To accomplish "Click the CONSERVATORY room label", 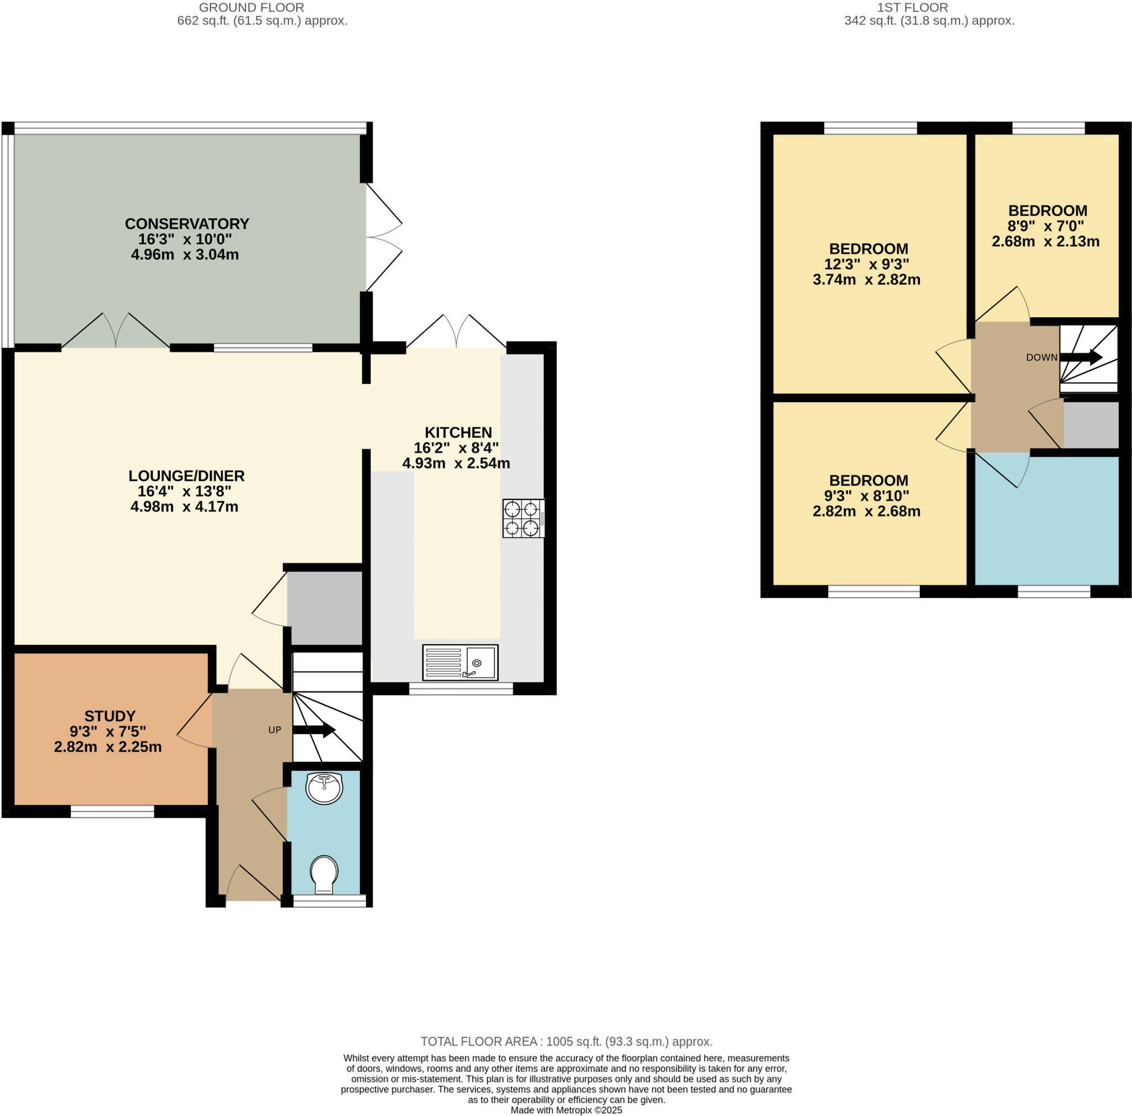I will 187,224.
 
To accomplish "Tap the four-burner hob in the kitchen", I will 523,518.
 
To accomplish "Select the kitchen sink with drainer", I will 460,662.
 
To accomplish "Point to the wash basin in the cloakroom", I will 324,788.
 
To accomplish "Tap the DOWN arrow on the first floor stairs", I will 1081,357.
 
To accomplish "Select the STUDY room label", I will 109,716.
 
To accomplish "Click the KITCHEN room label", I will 458,433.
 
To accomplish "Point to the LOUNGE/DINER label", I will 186,476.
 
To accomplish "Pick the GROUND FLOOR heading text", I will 251,8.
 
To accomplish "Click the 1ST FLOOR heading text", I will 912,8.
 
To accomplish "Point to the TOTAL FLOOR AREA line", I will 566,1041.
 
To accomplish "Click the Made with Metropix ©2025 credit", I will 566,1110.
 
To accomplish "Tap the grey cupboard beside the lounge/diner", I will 324,608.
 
